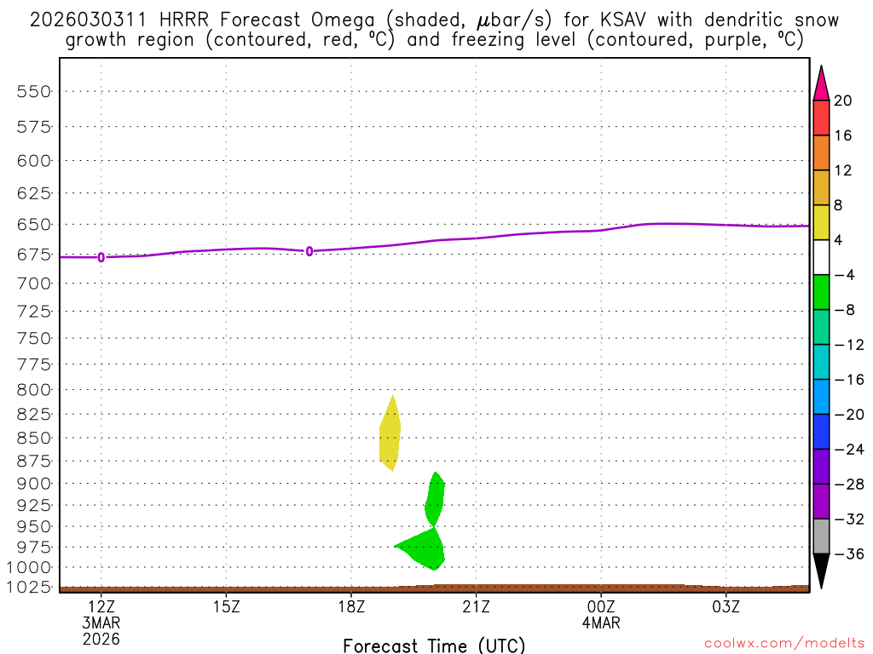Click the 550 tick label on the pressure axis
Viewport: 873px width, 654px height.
[x=35, y=91]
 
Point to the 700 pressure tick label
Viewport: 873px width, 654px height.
[x=35, y=281]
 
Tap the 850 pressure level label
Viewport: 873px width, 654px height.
[x=35, y=438]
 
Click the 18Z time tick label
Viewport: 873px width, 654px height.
[x=351, y=605]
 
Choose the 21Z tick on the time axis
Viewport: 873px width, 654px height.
[x=476, y=605]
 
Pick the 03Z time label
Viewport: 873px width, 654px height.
[x=726, y=605]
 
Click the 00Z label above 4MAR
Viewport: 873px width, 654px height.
[x=601, y=605]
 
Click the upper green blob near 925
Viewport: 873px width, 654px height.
[x=435, y=499]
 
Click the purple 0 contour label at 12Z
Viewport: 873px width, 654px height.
[x=101, y=257]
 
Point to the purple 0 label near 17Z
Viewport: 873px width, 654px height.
[x=309, y=251]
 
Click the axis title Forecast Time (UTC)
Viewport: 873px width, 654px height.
[x=434, y=645]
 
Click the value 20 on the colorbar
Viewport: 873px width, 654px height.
[x=843, y=101]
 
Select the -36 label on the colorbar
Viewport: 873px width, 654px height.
[x=847, y=554]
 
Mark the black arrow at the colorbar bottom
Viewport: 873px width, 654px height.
[x=821, y=570]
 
